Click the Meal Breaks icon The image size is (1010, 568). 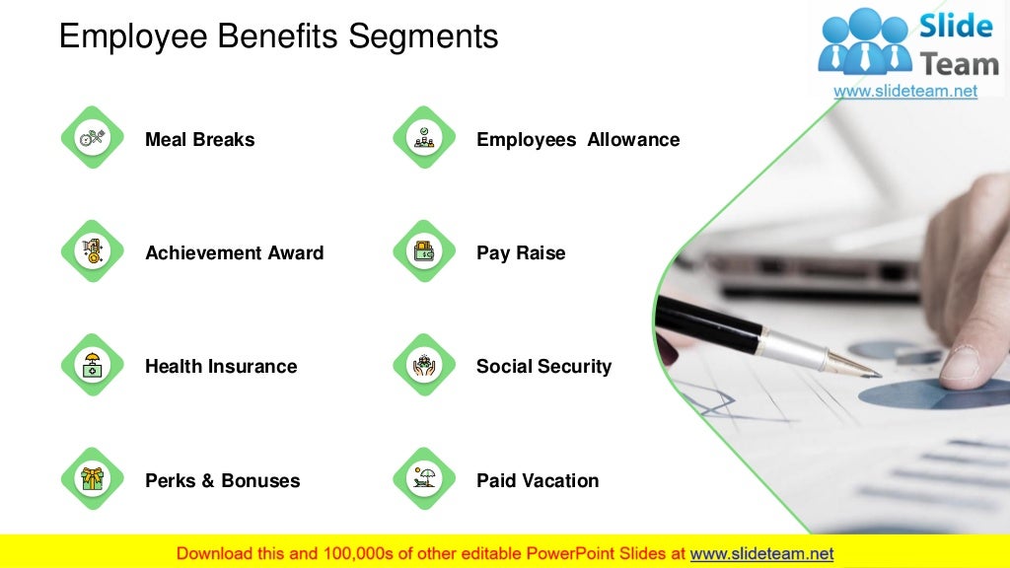(x=92, y=138)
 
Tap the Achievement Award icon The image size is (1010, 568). (x=92, y=251)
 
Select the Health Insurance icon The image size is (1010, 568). (x=92, y=366)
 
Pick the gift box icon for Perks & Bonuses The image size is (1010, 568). (x=92, y=479)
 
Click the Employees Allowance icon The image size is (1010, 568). (x=424, y=138)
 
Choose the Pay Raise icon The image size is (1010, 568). (x=424, y=251)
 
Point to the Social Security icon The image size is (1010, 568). (x=424, y=366)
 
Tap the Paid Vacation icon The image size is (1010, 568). (x=424, y=479)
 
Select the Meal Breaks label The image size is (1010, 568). (x=199, y=140)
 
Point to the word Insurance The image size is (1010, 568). (x=251, y=367)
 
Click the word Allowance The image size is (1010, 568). (x=633, y=140)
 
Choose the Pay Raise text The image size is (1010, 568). (x=521, y=253)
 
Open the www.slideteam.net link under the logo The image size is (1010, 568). (x=905, y=91)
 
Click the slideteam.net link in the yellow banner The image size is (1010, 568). (x=761, y=553)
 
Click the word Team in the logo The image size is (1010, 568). (x=959, y=65)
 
